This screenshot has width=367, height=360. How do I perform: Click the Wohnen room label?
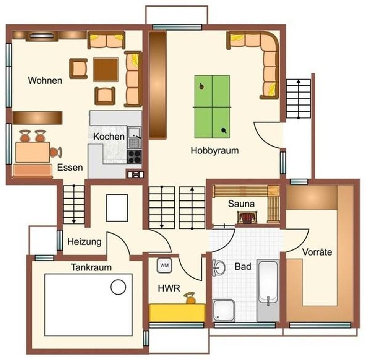click(x=45, y=81)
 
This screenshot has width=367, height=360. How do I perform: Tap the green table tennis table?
click(x=212, y=106)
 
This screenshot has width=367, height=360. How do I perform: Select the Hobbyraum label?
click(x=214, y=151)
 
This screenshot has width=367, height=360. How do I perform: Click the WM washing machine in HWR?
click(x=164, y=265)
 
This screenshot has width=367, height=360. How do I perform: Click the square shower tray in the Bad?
click(x=224, y=310)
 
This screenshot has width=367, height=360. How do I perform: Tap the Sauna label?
click(x=241, y=204)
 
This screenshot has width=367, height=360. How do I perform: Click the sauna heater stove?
click(x=246, y=218)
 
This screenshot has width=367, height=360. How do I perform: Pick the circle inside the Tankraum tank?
click(x=118, y=286)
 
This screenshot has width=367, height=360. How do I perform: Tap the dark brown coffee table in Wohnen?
click(x=106, y=69)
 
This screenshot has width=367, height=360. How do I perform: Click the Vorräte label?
click(x=317, y=252)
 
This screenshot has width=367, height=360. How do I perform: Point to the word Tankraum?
click(x=91, y=267)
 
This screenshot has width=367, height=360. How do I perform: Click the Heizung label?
click(x=84, y=242)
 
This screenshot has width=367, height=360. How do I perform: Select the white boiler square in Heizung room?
click(x=117, y=208)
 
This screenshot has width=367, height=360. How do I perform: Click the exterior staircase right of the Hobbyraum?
click(x=298, y=98)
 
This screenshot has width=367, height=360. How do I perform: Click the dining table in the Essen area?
click(x=32, y=152)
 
